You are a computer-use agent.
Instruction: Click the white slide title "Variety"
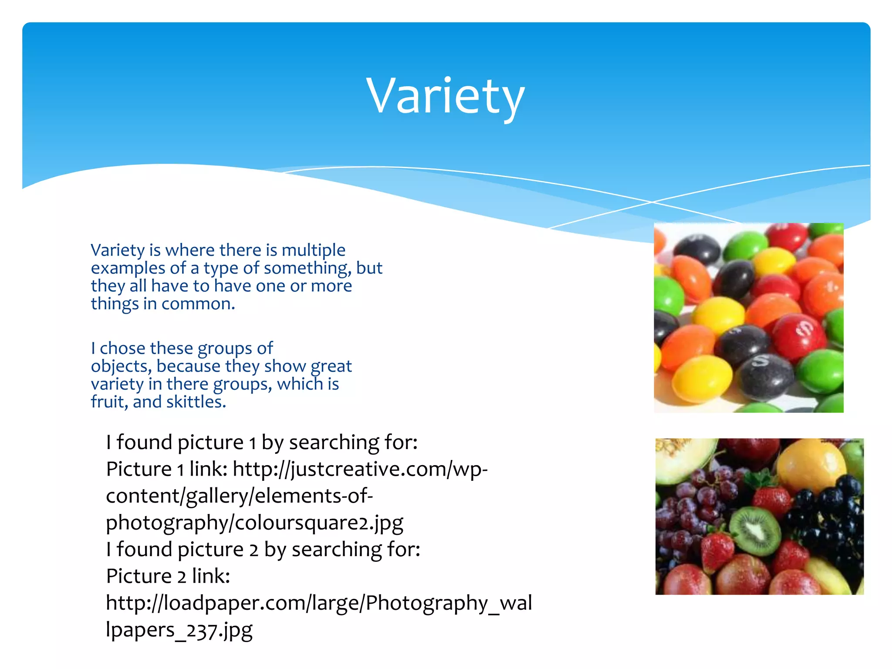pyautogui.click(x=445, y=96)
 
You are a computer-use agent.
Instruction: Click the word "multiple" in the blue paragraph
pyautogui.click(x=313, y=250)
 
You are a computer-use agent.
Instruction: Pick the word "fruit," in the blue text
pyautogui.click(x=109, y=402)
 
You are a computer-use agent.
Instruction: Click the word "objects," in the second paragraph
pyautogui.click(x=121, y=367)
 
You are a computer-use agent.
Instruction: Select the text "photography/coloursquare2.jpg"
pyautogui.click(x=254, y=523)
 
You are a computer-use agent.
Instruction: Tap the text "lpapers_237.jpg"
pyautogui.click(x=179, y=630)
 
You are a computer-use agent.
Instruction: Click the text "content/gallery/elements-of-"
pyautogui.click(x=239, y=496)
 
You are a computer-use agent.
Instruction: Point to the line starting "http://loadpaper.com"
pyautogui.click(x=319, y=603)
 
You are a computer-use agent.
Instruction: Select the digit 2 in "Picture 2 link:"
pyautogui.click(x=181, y=577)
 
